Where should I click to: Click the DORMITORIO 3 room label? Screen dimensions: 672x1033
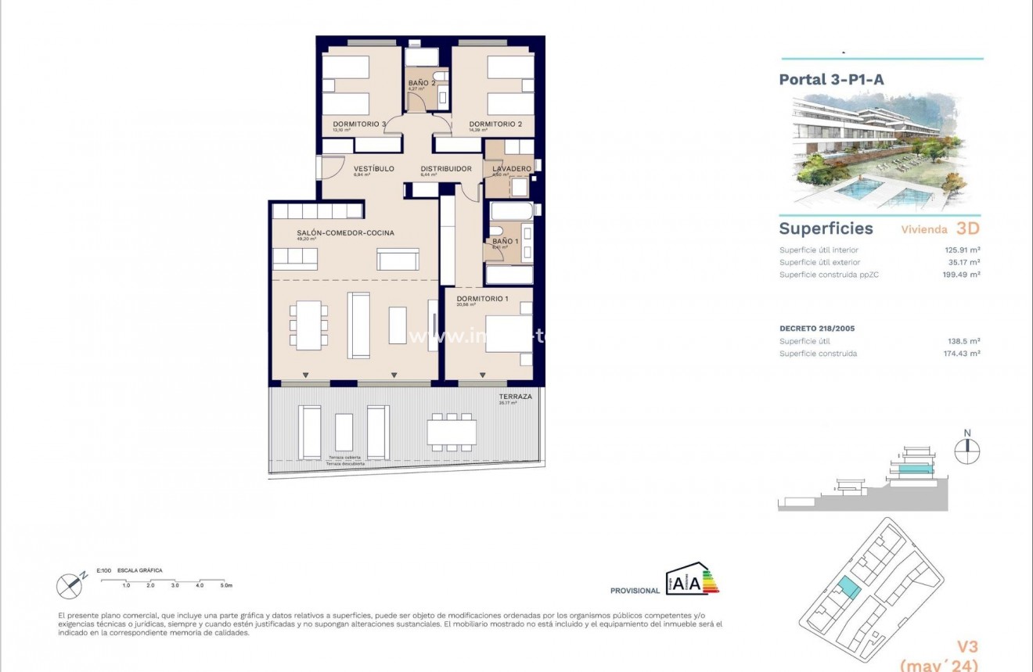coord(360,124)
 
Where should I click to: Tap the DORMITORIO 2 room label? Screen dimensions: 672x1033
coord(495,124)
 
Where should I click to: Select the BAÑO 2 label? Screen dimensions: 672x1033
coord(421,82)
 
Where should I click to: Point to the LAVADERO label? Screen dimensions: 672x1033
coord(512,169)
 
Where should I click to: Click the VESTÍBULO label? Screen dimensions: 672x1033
coord(373,168)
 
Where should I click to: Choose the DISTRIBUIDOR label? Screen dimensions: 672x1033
coord(446,168)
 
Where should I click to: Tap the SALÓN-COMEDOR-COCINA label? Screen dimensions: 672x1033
coord(345,232)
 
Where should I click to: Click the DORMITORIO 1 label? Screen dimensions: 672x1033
coord(482,298)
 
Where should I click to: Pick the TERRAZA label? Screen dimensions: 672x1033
coord(515,397)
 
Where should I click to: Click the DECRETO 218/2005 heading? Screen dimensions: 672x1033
coord(816,328)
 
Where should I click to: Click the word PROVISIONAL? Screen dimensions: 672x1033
coord(635,591)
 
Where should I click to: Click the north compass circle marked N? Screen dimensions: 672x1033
coord(968,451)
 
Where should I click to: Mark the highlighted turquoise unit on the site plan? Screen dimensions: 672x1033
coord(849,588)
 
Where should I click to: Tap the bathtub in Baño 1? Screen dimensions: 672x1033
coord(510,212)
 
